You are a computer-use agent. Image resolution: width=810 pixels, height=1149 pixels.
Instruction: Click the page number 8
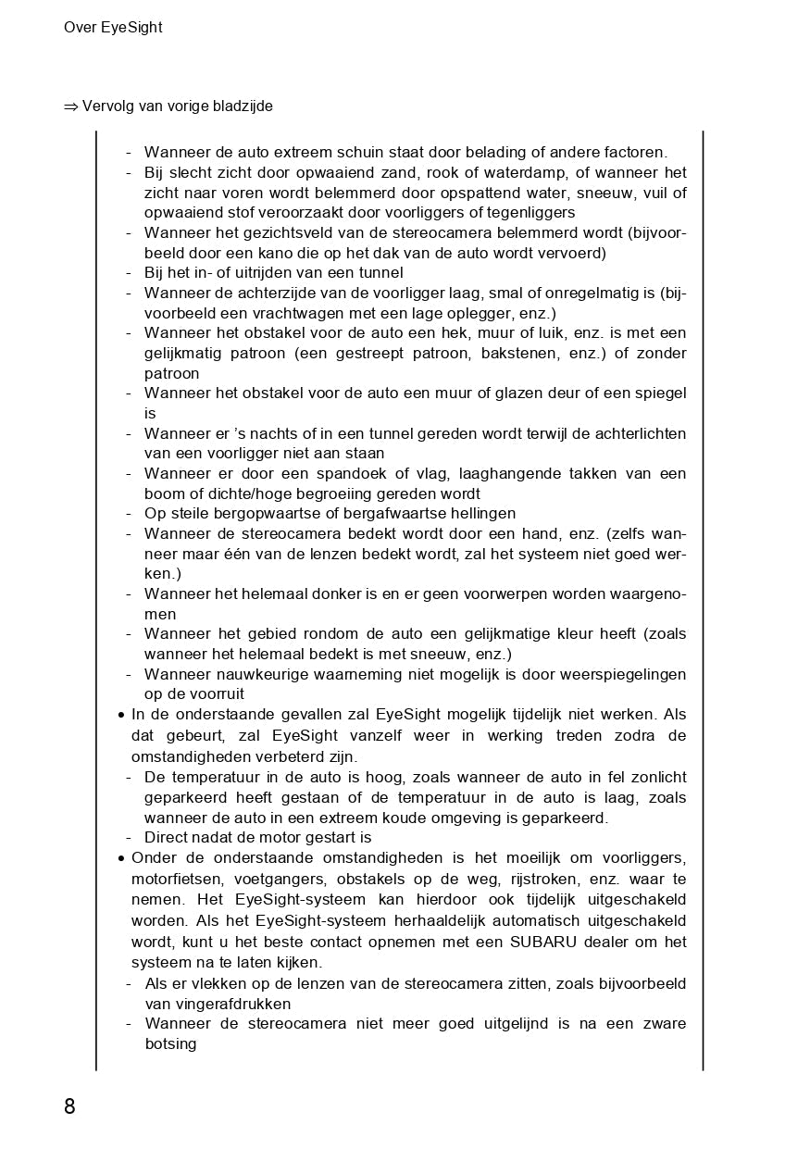(x=69, y=1106)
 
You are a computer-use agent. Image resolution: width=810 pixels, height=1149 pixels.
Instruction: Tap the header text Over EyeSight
(x=113, y=28)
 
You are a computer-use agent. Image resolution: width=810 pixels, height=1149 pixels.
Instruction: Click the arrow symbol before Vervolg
(x=71, y=106)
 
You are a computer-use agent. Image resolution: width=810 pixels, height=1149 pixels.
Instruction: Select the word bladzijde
(x=243, y=106)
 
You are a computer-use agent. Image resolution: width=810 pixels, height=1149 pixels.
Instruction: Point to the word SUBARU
(x=544, y=943)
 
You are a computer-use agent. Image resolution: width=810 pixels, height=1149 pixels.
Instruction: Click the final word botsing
(x=170, y=1044)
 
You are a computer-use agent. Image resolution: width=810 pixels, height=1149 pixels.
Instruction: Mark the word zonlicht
(x=654, y=778)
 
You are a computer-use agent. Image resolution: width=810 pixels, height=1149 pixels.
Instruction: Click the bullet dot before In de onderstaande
(x=122, y=716)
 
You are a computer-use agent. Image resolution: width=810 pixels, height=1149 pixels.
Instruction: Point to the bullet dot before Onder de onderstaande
(x=122, y=859)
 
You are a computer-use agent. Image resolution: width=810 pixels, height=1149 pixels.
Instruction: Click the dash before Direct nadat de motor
(x=129, y=838)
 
